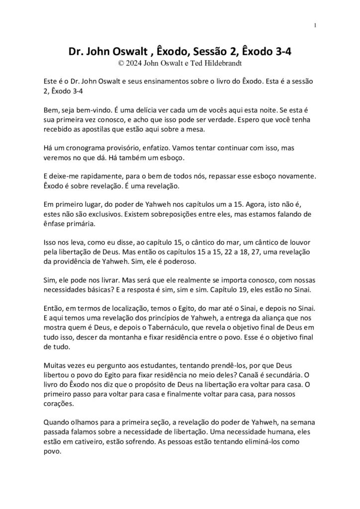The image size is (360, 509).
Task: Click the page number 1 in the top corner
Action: click(x=316, y=25)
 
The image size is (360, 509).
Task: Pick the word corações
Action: click(x=55, y=419)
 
